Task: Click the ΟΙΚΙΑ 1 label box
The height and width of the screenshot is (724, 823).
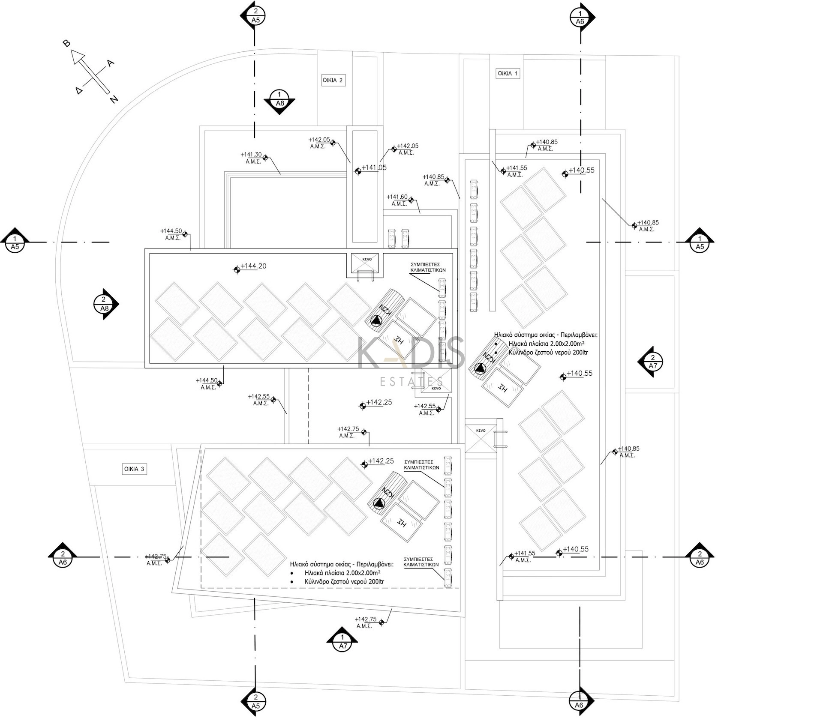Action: click(x=508, y=73)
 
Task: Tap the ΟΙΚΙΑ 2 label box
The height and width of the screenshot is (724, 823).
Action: click(x=333, y=80)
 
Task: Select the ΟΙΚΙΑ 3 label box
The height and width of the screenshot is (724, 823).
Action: click(x=134, y=469)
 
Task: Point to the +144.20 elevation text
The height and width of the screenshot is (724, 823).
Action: click(x=253, y=266)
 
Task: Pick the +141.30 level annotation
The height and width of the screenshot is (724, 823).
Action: click(x=251, y=155)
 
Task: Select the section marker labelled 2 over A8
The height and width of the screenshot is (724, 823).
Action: click(x=104, y=304)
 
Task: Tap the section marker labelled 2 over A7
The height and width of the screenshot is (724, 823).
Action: click(x=652, y=362)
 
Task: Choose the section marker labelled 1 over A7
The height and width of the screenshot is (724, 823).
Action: click(x=342, y=642)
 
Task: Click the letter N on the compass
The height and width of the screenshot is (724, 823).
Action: click(x=114, y=99)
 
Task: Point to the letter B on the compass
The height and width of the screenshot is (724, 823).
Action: click(x=66, y=43)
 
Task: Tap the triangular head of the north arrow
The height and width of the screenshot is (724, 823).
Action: click(x=78, y=56)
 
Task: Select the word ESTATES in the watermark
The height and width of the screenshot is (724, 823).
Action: click(x=412, y=381)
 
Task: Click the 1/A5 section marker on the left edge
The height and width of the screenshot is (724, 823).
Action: click(x=15, y=242)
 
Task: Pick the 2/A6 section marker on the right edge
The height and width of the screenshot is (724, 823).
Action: click(x=700, y=558)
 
